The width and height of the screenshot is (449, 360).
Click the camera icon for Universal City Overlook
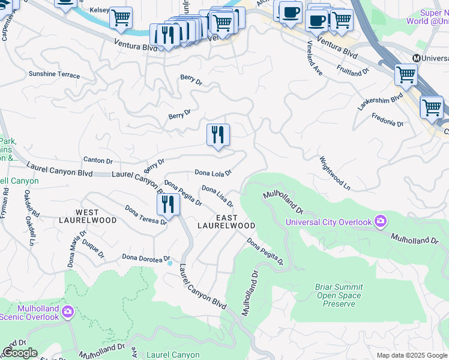point(380,222)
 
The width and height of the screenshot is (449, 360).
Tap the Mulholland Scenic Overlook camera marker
point(68,311)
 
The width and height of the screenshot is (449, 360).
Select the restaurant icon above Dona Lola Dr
point(218,135)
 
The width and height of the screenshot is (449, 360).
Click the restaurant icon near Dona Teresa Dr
point(168,205)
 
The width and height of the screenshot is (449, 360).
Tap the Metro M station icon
point(415,58)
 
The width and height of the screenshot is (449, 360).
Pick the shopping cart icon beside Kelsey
point(121,18)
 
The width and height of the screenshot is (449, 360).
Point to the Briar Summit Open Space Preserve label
point(339,295)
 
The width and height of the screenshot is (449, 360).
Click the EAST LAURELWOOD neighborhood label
point(226,221)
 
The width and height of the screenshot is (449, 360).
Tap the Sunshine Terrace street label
point(54,74)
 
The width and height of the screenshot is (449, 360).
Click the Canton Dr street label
point(98,160)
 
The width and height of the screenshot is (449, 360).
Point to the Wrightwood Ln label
point(334,173)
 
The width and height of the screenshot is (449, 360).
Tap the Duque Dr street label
point(94,246)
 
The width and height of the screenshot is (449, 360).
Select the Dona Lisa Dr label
point(217,196)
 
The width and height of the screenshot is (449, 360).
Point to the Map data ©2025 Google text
point(411,355)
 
